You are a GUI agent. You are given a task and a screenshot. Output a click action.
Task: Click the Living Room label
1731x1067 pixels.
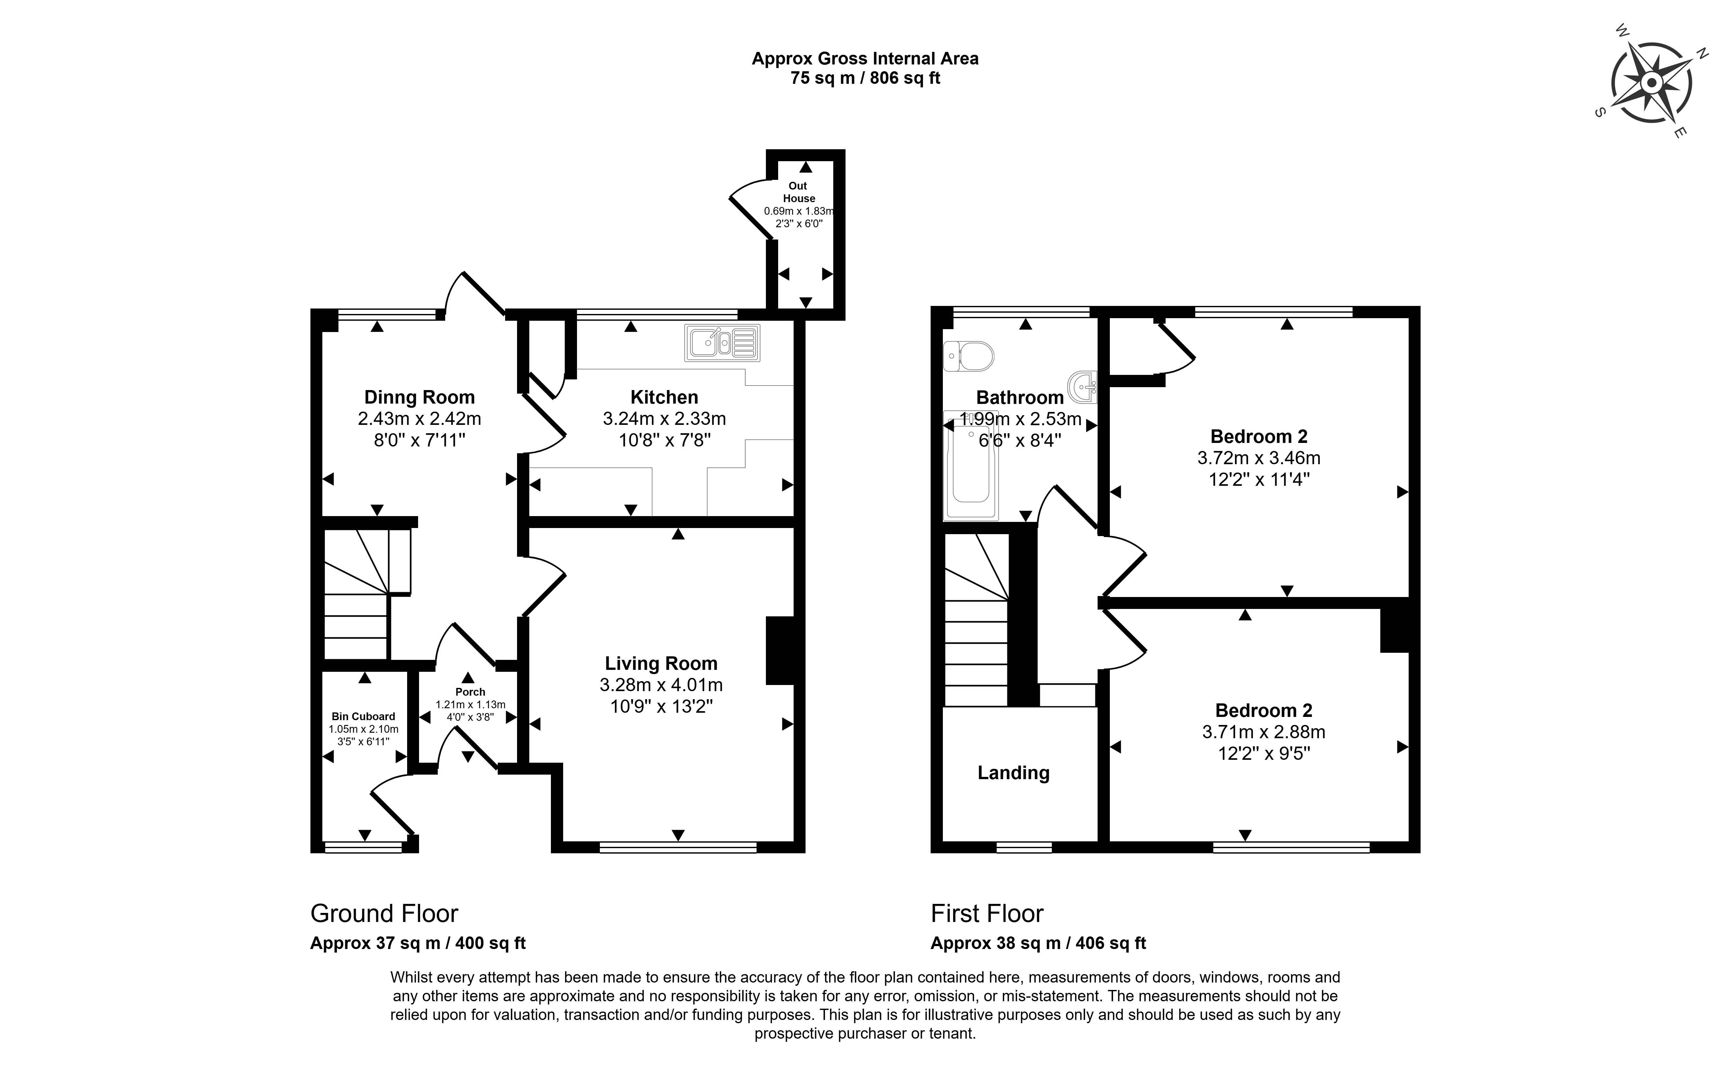tap(661, 663)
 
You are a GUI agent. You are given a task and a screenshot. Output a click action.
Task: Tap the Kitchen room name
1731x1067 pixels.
tap(664, 397)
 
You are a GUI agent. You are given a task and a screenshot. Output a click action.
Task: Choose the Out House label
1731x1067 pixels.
tap(798, 192)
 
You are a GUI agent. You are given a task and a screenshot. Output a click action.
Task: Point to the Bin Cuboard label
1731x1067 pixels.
tap(363, 716)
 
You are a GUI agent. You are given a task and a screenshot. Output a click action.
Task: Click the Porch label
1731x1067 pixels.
tap(470, 692)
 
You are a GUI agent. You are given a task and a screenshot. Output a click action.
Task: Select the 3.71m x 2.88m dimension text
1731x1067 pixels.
tap(1264, 732)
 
